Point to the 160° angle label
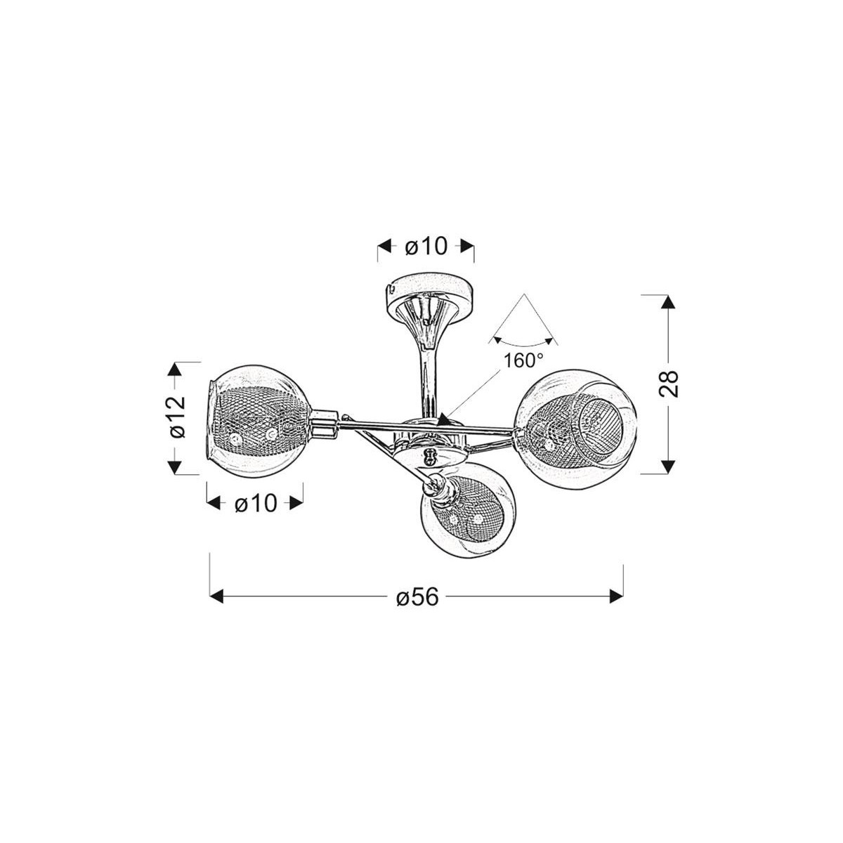[523, 360]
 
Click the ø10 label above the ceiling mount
[426, 247]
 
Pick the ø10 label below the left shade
[256, 502]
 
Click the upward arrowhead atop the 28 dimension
[669, 303]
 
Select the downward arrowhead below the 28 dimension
[669, 466]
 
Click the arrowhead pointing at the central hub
[444, 419]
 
